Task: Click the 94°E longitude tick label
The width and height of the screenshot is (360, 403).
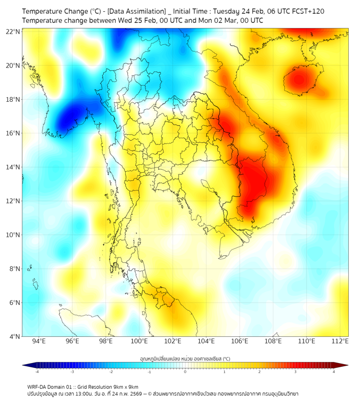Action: pos(39,342)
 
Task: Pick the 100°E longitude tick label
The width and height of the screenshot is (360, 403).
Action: pos(140,342)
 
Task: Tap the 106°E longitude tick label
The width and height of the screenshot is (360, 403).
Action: pos(240,342)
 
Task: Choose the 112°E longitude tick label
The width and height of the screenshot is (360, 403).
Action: pos(340,342)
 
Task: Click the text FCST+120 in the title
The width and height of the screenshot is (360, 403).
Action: pos(307,11)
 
